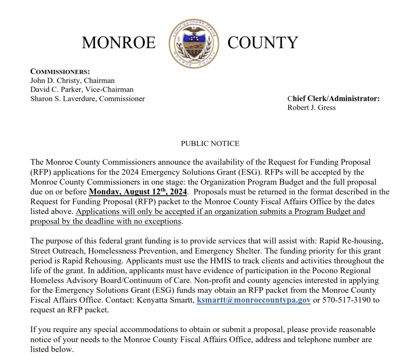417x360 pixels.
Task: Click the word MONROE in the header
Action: tap(119, 42)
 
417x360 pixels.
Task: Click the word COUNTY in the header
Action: tap(262, 42)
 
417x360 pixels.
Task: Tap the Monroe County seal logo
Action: tap(194, 43)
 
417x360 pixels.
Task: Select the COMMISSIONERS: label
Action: tap(60, 71)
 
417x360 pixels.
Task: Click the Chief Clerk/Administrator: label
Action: tap(333, 99)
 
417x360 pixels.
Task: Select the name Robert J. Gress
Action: tap(311, 108)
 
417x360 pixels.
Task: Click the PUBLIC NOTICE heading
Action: tap(210, 144)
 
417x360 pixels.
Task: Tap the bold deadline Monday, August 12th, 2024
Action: tap(138, 192)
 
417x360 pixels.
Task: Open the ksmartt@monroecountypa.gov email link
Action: tap(254, 300)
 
